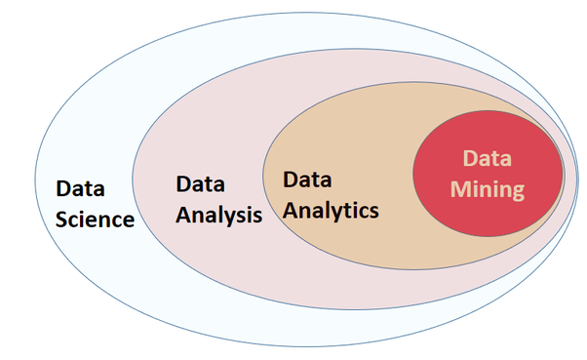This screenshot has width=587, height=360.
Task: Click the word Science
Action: coord(95,219)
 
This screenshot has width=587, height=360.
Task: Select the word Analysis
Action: coord(218,214)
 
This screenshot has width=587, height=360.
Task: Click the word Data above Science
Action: coord(81,187)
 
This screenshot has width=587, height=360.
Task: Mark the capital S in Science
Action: coord(62,219)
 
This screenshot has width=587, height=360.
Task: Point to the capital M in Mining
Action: coord(459,188)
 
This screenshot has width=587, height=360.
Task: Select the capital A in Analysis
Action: coord(183,213)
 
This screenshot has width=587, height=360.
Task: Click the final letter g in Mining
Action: coord(518,191)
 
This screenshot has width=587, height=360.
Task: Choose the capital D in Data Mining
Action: coord(469,158)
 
